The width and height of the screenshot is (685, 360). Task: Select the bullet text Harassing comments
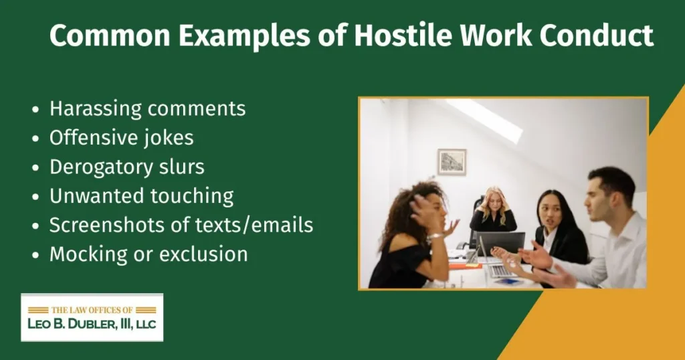point(147,108)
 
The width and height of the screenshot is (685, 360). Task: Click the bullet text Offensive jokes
point(121,137)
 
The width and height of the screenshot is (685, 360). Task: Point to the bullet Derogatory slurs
point(126,167)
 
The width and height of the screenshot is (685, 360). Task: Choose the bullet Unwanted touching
point(141,196)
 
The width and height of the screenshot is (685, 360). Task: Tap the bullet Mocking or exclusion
point(148,254)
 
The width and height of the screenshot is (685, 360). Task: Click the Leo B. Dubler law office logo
point(92,317)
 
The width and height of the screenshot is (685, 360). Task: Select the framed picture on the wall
point(452,162)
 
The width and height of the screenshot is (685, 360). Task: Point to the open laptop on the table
point(500,244)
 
